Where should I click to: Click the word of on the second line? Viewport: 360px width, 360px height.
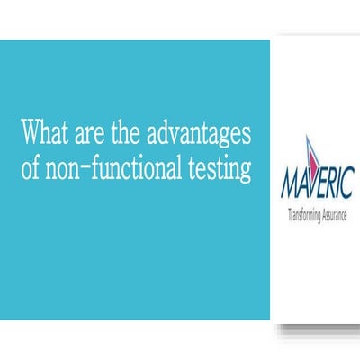[32, 168]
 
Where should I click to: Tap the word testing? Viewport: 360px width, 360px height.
[218, 168]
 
